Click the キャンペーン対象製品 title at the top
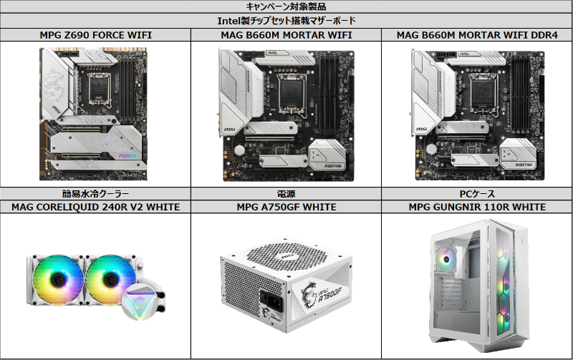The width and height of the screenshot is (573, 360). [286, 6]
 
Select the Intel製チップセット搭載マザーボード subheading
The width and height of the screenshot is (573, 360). [286, 21]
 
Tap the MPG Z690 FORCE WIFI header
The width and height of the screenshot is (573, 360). [95, 35]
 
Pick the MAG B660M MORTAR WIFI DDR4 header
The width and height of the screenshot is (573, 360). [477, 35]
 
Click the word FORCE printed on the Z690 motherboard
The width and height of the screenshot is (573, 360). [127, 156]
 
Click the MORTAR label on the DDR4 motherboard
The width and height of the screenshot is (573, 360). [524, 165]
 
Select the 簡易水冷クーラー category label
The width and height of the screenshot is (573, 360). [95, 193]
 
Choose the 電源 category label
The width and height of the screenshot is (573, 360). [286, 193]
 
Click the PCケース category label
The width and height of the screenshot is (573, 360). [477, 193]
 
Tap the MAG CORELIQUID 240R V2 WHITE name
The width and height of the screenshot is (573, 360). [95, 207]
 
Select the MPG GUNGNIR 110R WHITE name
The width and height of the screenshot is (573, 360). [477, 207]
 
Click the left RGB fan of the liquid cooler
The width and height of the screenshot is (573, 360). [58, 280]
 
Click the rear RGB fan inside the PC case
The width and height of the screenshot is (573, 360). [445, 259]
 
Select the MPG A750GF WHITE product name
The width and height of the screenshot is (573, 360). [286, 207]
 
